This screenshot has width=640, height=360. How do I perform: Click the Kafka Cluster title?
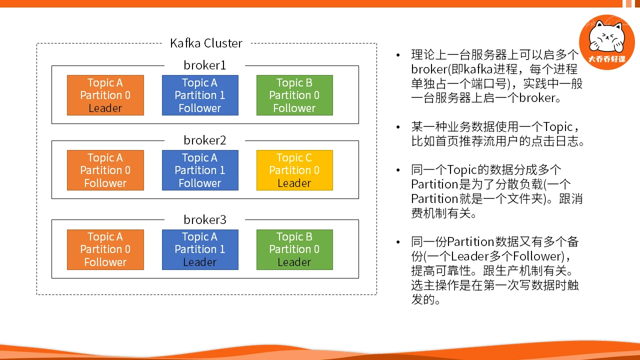coord(206,43)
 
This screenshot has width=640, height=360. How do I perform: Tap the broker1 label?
coord(205,65)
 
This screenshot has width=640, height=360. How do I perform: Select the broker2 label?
coord(205,140)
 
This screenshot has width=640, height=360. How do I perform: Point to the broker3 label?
coord(205,219)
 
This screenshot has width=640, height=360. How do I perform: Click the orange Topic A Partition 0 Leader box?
coord(105,95)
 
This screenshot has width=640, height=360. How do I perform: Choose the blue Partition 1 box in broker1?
coord(200,95)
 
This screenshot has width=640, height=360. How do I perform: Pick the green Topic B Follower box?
coord(294,95)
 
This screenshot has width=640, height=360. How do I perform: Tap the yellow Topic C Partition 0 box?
coord(294,170)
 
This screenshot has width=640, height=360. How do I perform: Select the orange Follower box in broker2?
coord(105,170)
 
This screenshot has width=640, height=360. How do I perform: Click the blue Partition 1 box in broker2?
coord(200,170)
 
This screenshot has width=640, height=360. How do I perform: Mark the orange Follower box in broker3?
coord(105,249)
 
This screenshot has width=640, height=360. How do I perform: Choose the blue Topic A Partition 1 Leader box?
coord(200,249)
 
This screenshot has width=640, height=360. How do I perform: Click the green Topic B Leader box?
coord(294,249)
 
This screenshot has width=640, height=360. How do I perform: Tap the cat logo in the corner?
coord(607,42)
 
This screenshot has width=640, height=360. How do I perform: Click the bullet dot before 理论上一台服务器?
coord(398,55)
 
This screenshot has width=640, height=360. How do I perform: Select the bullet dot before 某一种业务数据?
coord(398,127)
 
